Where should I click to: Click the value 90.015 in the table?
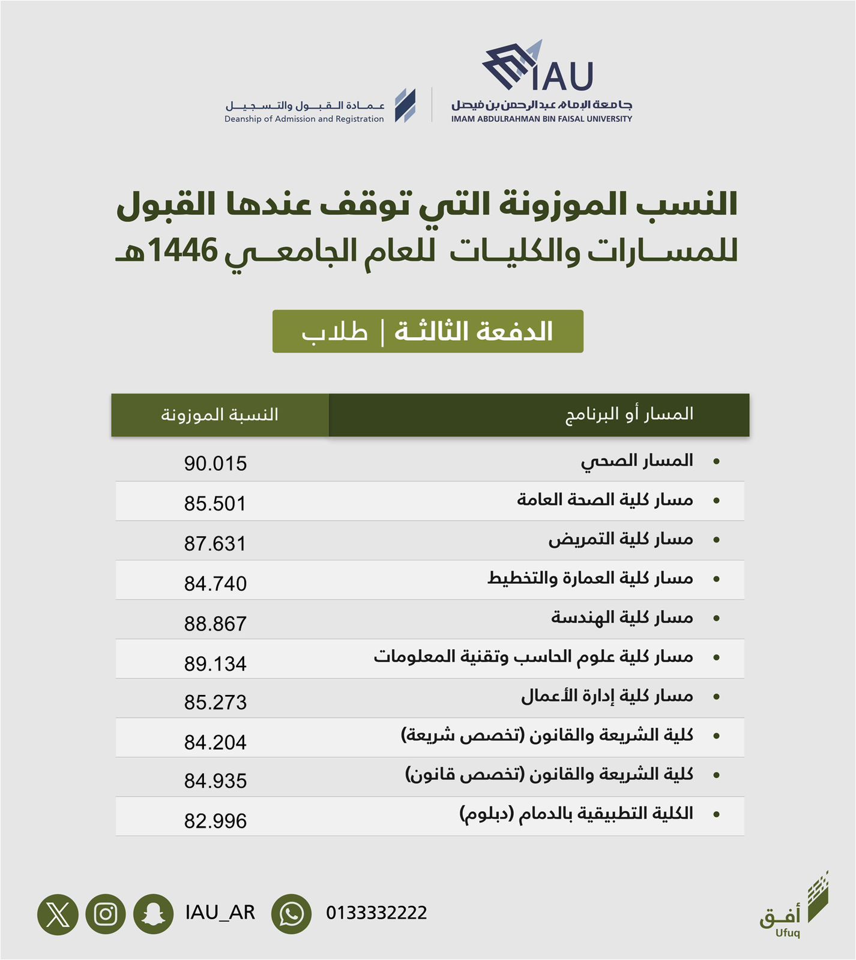pos(215,464)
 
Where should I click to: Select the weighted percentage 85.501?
pos(215,504)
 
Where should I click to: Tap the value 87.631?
pos(215,544)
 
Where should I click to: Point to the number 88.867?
pos(215,624)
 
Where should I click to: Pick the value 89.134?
pos(215,664)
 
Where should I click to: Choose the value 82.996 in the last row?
pos(215,821)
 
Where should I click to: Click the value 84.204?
pos(215,743)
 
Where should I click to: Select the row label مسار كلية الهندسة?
pos(622,617)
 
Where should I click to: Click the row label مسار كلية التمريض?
pos(620,539)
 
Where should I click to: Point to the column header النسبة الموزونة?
pos(219,415)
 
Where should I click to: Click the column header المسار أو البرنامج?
pos(629,414)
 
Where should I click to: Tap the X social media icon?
pos(58,914)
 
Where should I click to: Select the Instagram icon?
pos(106,914)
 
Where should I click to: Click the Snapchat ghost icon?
pos(153,914)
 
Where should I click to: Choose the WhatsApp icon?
pos(291,914)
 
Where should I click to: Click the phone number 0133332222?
pos(376,913)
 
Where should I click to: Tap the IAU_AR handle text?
pos(220,913)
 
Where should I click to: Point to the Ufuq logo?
pos(794,907)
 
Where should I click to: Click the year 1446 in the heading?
pos(182,250)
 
